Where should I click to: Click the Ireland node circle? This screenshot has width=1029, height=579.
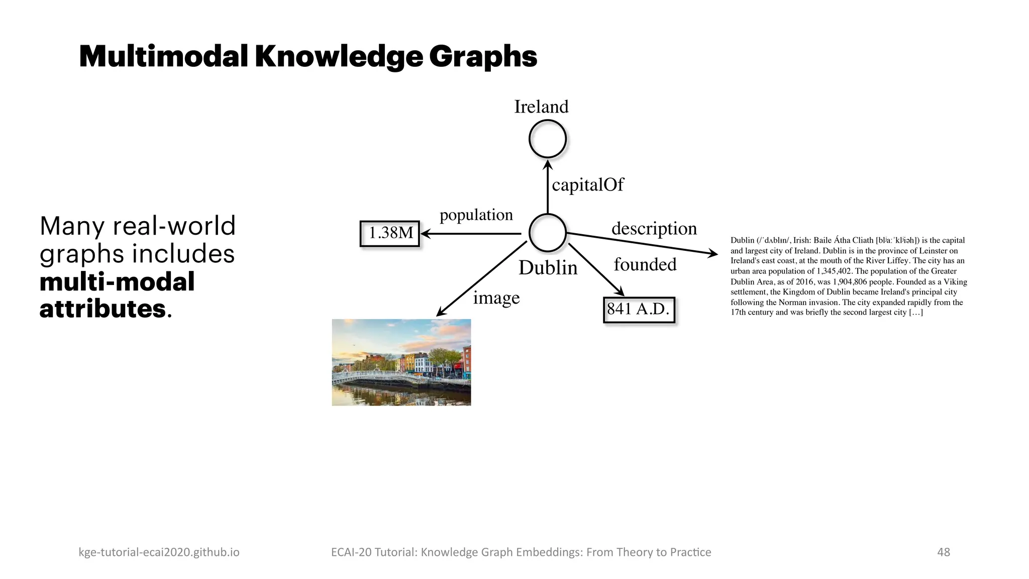coord(548,139)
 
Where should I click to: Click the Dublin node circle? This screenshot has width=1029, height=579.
coord(548,233)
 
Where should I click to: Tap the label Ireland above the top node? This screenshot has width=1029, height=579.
coord(541,107)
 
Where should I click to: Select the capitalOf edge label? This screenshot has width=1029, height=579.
coord(587,185)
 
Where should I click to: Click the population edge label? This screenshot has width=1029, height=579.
coord(476,215)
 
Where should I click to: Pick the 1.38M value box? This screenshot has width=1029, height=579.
coord(390,233)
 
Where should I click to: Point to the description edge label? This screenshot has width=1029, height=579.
coord(654,229)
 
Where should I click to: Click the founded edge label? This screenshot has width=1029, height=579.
coord(645,264)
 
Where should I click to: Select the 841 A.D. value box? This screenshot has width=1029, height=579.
coord(638,309)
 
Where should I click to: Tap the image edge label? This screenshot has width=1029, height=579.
coord(496,298)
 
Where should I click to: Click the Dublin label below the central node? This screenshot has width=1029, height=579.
coord(548,268)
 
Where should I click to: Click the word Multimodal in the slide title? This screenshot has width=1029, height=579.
coord(163,56)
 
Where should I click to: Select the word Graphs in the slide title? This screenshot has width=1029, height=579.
coord(483,56)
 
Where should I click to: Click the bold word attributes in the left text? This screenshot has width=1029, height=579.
coord(102,309)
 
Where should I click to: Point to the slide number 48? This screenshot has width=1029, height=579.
coord(944,552)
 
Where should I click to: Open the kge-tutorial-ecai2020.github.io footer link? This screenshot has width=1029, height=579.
coord(159,552)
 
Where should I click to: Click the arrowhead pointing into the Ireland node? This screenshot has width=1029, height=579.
coord(548,164)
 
